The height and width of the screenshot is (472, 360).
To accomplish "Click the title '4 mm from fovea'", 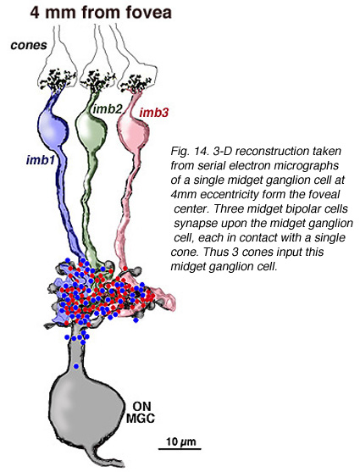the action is click(101, 13).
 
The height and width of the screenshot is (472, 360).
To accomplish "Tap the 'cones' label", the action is click(29, 46).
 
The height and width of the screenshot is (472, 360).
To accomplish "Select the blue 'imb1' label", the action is click(41, 160).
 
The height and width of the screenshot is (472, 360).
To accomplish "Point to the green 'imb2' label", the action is click(107, 108).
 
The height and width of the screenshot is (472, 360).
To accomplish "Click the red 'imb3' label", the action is click(154, 113).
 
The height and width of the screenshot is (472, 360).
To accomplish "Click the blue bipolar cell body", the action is click(53, 126).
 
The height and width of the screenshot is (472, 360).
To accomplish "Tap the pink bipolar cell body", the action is click(133, 130).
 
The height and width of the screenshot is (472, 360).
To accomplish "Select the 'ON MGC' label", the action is click(140, 412).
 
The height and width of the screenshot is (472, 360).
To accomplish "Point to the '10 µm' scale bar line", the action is click(180, 449).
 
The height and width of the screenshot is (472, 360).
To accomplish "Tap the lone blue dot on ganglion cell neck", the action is click(76, 366).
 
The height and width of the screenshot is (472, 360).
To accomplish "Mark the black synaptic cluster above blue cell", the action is click(57, 80).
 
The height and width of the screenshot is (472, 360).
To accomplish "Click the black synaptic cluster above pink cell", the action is click(136, 83).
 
